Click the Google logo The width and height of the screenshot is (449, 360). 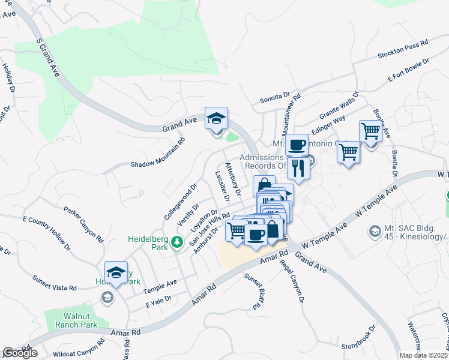(x=20, y=353)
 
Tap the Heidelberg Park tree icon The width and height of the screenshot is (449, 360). (x=177, y=242)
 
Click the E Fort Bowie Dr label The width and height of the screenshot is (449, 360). (x=409, y=70)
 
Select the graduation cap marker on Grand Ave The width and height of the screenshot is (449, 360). (x=216, y=118)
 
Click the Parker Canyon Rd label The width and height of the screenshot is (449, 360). (x=84, y=223)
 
